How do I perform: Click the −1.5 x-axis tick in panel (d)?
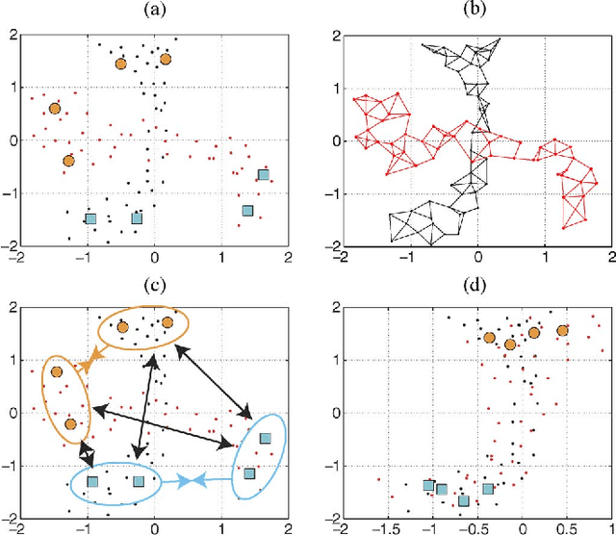tap(388, 526)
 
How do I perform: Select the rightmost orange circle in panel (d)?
tap(563, 331)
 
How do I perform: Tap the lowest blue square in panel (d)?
tap(464, 500)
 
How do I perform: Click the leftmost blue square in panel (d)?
tap(428, 486)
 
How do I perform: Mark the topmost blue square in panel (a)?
tap(264, 175)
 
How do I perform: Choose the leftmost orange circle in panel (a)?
tap(55, 108)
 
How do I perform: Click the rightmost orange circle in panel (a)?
tap(166, 59)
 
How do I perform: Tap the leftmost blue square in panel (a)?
tap(91, 218)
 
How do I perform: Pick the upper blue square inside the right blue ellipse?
tap(266, 438)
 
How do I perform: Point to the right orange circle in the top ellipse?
tap(167, 322)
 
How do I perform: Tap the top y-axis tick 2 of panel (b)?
tap(330, 36)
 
